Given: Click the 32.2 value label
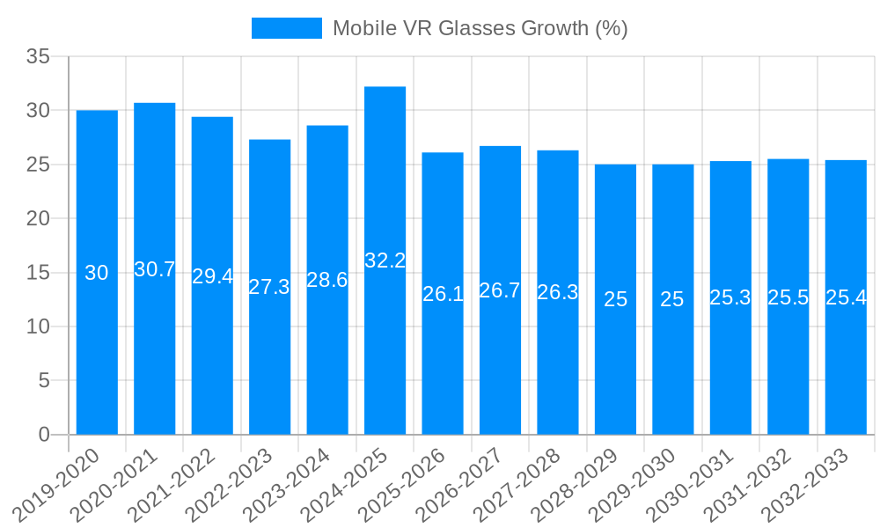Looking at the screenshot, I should click(385, 260).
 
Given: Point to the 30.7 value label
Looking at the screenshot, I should click(155, 269).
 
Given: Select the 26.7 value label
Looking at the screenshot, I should click(500, 290).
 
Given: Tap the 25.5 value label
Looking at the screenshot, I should click(788, 297).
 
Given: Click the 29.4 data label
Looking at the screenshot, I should click(212, 276).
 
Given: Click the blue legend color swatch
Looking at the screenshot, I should click(287, 28).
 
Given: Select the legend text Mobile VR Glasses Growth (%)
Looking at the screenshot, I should click(480, 28).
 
